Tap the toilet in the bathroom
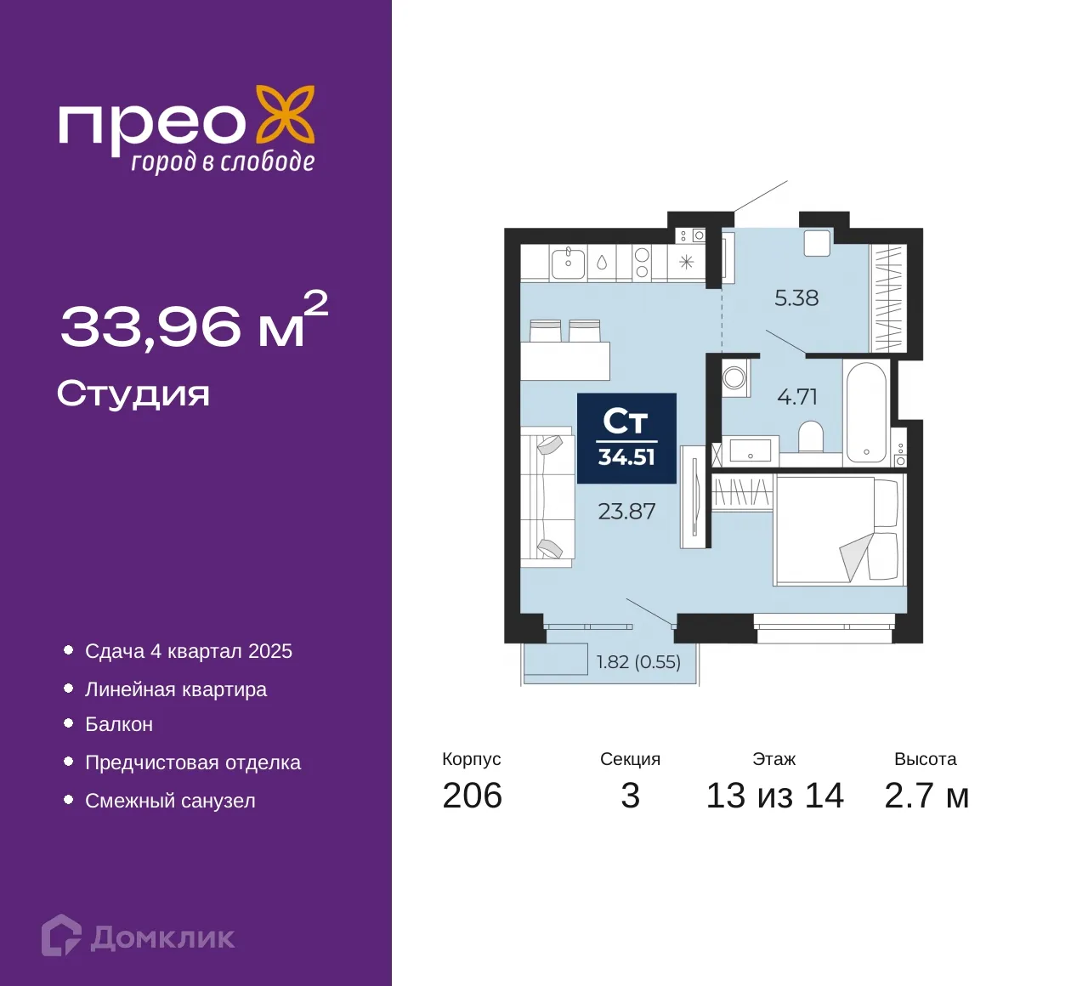click(811, 437)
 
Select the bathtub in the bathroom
click(867, 413)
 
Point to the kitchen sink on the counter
click(568, 263)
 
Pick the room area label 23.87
click(627, 512)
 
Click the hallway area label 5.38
click(796, 297)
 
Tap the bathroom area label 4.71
click(797, 396)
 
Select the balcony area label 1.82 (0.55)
click(638, 661)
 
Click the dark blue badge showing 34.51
click(626, 439)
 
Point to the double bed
click(839, 530)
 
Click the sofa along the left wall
click(547, 496)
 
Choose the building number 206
click(473, 796)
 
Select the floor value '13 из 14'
click(775, 796)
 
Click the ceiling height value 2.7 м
click(926, 796)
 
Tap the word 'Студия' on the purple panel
click(133, 394)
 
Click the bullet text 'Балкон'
click(119, 724)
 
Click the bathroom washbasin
click(751, 450)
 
